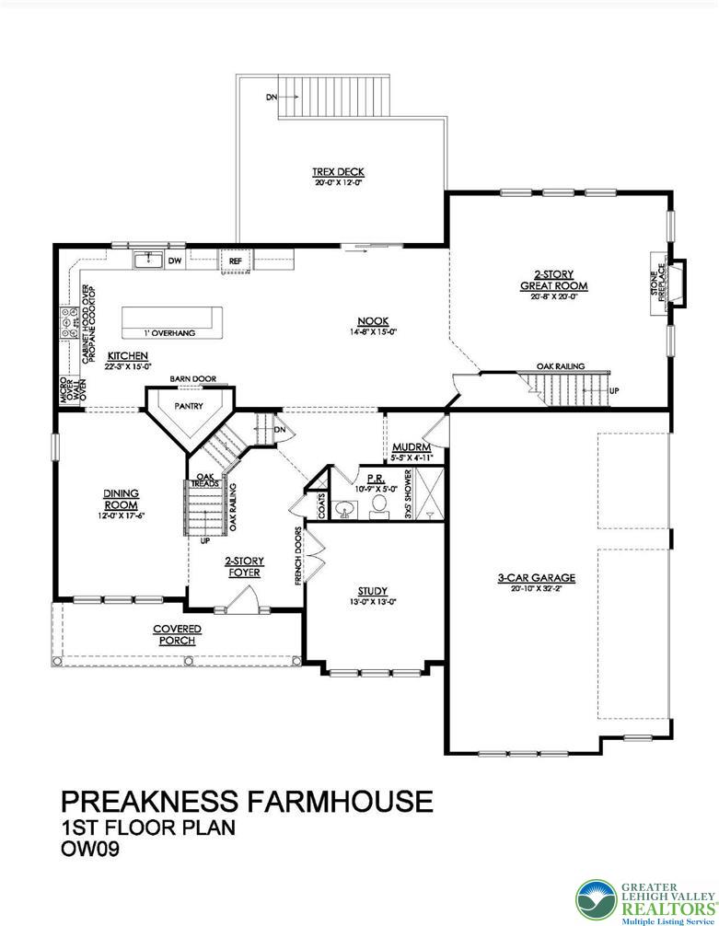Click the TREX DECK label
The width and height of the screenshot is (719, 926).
(338, 172)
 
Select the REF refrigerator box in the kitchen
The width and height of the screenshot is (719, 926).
(235, 261)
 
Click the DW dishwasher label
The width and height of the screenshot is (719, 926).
(174, 261)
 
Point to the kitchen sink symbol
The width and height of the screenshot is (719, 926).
(147, 260)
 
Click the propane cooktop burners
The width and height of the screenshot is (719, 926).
(68, 322)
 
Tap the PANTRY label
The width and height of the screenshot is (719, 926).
(189, 405)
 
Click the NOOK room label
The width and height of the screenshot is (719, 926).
(373, 321)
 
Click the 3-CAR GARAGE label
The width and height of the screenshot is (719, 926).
(536, 578)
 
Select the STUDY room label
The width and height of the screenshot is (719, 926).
(372, 591)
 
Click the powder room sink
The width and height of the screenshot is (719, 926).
(343, 508)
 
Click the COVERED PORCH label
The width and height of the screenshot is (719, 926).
(177, 634)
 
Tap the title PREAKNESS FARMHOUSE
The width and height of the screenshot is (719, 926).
(247, 801)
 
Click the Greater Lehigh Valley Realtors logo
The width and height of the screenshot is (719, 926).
(644, 897)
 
